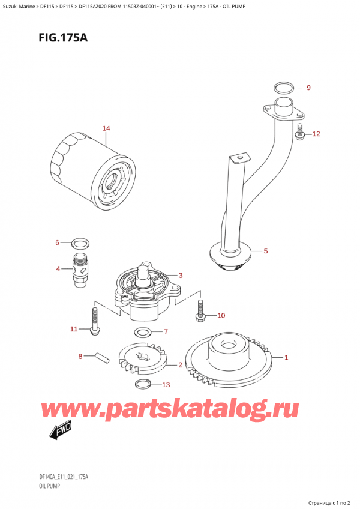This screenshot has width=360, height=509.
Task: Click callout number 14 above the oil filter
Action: tap(106, 128)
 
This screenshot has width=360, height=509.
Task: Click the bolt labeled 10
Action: tap(200, 308)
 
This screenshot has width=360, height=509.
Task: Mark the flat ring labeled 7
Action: tap(143, 332)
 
